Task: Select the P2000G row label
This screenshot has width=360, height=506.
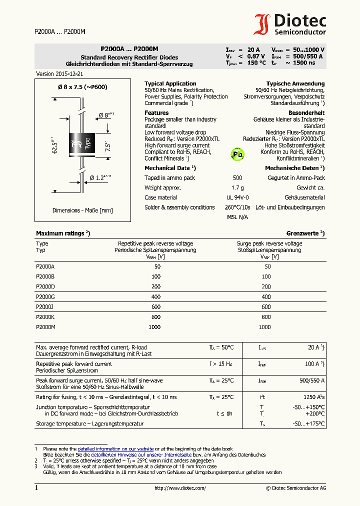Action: (45, 296)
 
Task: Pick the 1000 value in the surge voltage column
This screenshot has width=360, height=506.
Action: (266, 326)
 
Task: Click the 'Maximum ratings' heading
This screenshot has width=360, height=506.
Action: (62, 233)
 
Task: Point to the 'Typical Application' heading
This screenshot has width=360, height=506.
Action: (170, 83)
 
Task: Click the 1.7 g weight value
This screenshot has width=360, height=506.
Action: (237, 187)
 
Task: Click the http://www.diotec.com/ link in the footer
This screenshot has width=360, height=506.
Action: (180, 488)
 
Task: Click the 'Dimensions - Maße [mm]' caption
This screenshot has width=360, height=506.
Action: (82, 210)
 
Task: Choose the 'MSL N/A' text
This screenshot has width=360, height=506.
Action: (237, 217)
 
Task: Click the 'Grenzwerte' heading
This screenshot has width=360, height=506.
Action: (305, 233)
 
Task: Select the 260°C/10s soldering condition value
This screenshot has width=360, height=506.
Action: (237, 207)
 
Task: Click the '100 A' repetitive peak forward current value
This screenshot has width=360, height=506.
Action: (312, 364)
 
